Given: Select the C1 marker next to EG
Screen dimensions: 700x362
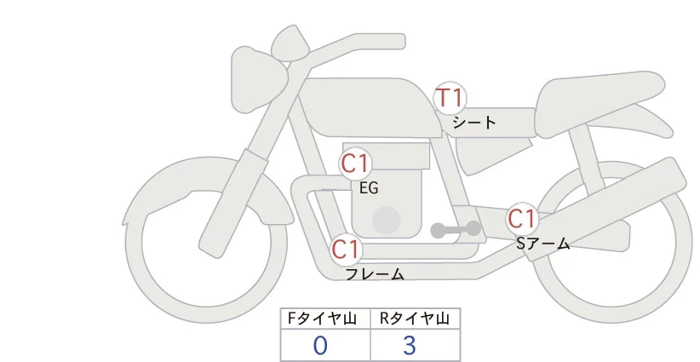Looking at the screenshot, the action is click(x=355, y=163).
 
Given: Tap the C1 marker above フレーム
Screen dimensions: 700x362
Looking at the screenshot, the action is click(x=346, y=250).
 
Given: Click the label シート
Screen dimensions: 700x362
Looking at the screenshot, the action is click(x=474, y=123).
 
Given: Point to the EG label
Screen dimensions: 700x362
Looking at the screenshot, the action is click(x=369, y=187).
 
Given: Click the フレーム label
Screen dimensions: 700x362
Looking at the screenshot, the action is click(x=375, y=274).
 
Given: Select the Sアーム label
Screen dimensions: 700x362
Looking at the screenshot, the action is click(x=543, y=244).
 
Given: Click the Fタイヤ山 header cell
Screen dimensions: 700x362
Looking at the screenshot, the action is click(x=325, y=319).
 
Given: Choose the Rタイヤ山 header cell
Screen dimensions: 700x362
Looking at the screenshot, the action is click(x=415, y=319).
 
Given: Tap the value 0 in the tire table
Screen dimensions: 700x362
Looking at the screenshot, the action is click(x=320, y=346).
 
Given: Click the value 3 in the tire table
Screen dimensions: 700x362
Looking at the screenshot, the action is click(x=410, y=346).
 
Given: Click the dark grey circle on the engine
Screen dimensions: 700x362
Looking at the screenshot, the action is click(x=387, y=219).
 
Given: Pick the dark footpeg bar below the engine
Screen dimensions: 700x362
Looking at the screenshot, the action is click(x=456, y=229).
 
